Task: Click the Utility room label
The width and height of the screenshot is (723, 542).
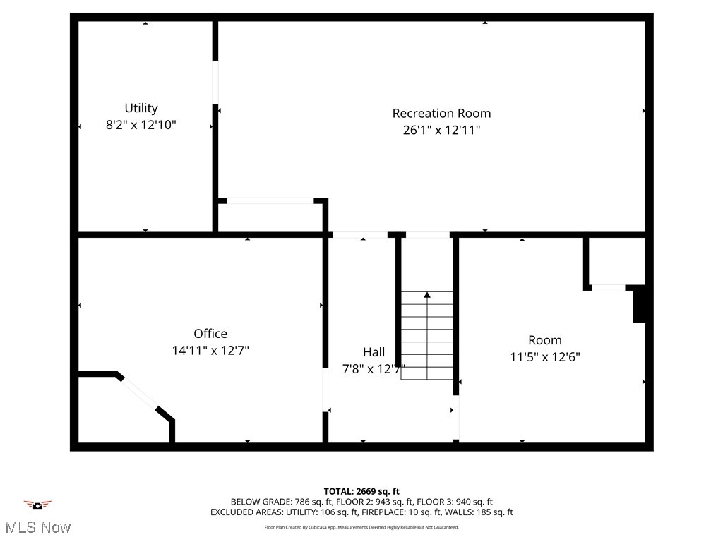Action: click(x=141, y=108)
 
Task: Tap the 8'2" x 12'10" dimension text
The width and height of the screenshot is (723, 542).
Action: click(x=141, y=125)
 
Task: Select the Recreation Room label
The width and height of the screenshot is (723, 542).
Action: click(x=441, y=113)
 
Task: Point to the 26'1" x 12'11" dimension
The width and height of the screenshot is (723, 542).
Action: click(x=441, y=130)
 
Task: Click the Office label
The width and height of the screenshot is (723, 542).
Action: click(x=210, y=333)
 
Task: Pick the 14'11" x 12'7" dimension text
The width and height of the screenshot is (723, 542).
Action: click(x=210, y=350)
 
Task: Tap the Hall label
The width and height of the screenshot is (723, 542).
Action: click(x=374, y=351)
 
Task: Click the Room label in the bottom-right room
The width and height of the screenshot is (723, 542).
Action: click(x=545, y=340)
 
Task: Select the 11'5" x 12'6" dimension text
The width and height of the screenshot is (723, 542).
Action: click(x=545, y=357)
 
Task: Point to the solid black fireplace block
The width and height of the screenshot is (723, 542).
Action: click(x=639, y=304)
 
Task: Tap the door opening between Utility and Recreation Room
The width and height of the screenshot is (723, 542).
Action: click(x=215, y=83)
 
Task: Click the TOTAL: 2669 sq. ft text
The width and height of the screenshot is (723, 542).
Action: click(x=361, y=491)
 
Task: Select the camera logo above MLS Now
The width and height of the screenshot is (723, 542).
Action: click(x=37, y=505)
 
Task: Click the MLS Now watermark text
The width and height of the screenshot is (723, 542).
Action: click(x=37, y=527)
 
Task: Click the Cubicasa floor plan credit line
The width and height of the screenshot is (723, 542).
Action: click(x=361, y=527)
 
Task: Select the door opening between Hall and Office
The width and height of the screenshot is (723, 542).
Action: click(x=325, y=390)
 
